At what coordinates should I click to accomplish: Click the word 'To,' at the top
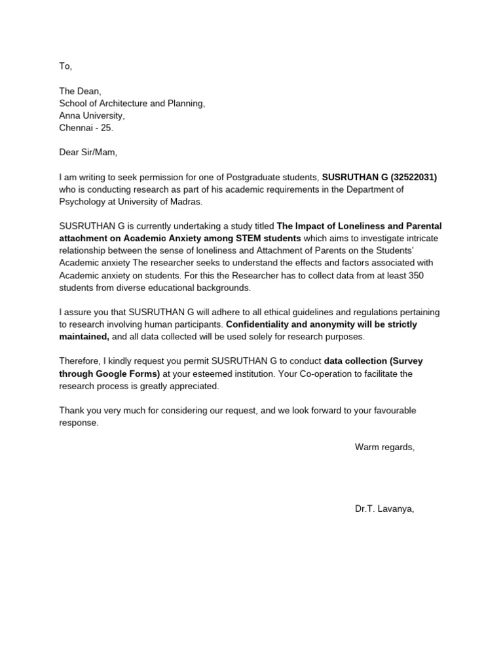pos(65,66)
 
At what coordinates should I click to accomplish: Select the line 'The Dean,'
pos(81,92)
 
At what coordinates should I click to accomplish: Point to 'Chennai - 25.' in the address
pos(86,128)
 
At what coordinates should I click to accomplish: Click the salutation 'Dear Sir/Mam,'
pos(88,152)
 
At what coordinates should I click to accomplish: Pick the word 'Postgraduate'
pos(254,177)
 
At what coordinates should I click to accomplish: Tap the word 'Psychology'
pos(82,201)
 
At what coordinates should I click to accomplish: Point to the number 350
pos(416,275)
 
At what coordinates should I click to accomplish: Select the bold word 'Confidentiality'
pos(259,324)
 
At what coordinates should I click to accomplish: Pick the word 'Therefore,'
pos(81,361)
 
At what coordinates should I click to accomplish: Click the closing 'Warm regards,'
pos(384,447)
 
